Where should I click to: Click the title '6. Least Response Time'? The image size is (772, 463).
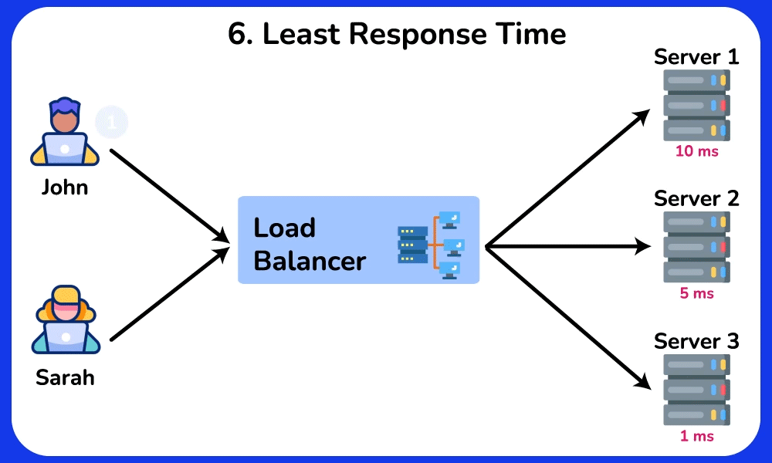(397, 35)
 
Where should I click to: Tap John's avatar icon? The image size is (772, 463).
(65, 133)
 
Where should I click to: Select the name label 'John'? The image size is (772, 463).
(65, 187)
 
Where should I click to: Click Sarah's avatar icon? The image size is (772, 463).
(66, 319)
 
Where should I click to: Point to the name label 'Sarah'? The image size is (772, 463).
(65, 379)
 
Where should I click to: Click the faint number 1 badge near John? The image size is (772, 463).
(112, 122)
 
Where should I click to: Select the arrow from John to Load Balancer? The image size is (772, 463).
(170, 194)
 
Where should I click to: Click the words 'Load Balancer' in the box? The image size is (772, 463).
(309, 245)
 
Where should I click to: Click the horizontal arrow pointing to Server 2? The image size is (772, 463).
(567, 247)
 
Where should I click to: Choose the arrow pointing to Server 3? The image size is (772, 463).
(567, 316)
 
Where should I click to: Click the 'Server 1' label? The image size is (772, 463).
(696, 57)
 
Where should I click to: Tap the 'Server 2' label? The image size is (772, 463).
(696, 198)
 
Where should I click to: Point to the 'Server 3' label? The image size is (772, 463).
(696, 341)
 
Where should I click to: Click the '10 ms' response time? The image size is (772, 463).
(696, 151)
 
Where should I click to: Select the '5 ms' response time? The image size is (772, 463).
(696, 293)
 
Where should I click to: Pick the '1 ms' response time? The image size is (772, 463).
(696, 436)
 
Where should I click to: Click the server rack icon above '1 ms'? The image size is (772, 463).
(696, 390)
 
